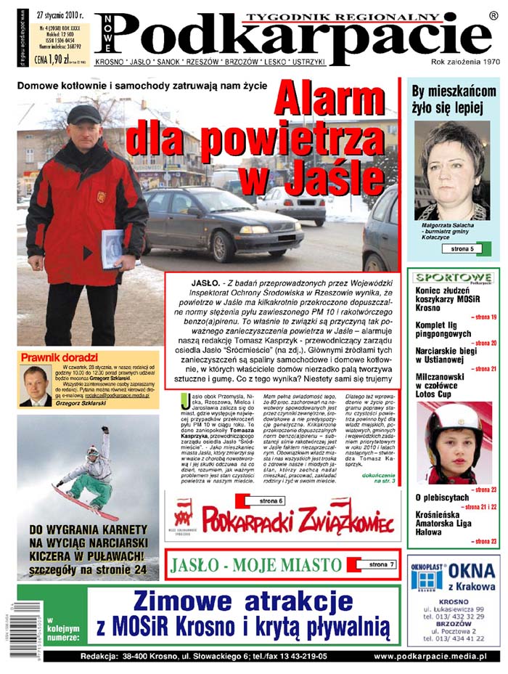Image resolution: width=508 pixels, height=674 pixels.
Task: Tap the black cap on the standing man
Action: [x=83, y=114]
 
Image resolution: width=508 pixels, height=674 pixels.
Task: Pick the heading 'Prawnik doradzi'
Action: [x=60, y=357]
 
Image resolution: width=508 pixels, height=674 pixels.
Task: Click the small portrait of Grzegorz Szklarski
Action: [x=33, y=385]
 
